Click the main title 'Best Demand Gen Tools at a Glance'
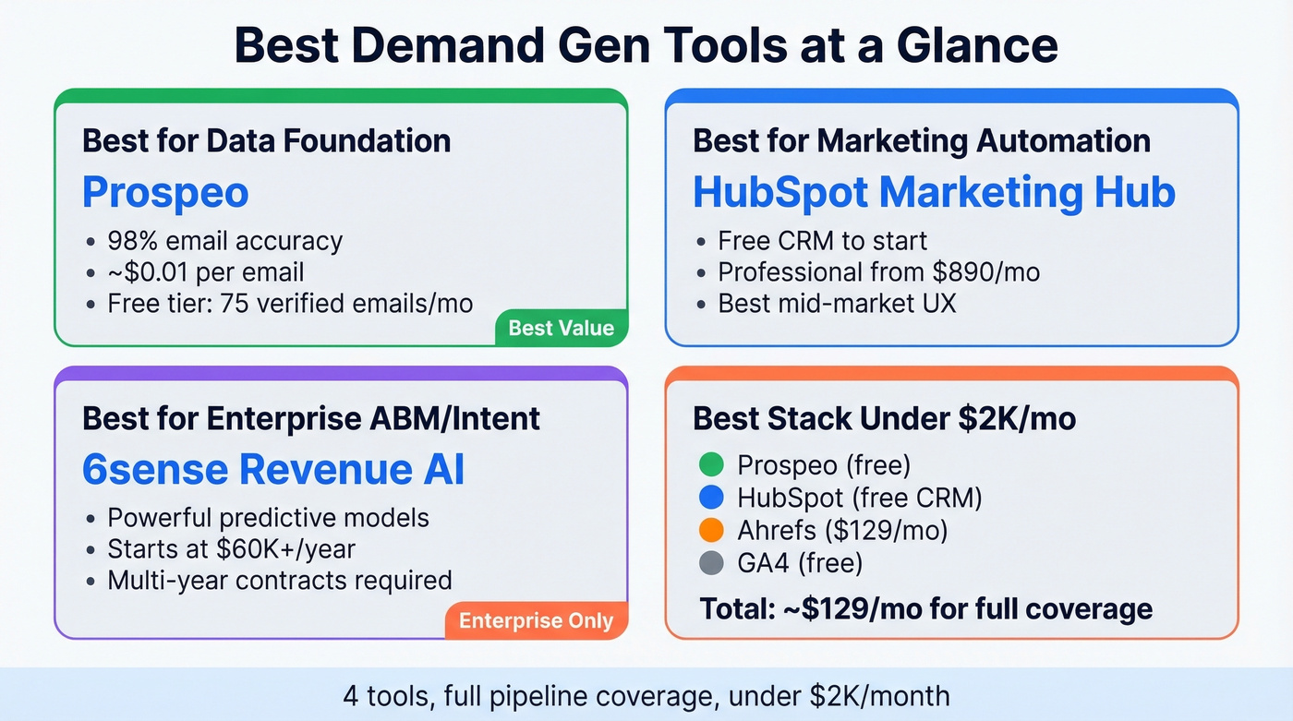(646, 45)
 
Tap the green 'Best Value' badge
(562, 328)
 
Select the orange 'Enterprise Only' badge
(537, 620)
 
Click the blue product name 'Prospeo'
(165, 193)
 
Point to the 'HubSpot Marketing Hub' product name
(934, 193)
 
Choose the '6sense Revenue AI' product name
(273, 470)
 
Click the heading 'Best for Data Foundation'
(267, 140)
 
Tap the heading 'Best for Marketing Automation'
(922, 140)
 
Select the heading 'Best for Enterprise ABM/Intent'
(311, 418)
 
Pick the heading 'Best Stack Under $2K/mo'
(885, 418)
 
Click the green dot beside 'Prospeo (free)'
(711, 464)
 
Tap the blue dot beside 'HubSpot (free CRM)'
(711, 498)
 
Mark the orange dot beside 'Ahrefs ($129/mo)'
(711, 530)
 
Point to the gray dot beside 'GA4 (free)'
(711, 563)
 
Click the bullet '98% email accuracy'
(225, 241)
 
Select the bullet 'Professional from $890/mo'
(878, 272)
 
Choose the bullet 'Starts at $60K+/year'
(232, 549)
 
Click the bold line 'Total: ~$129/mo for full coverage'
(925, 608)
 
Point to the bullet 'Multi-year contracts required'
(280, 581)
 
